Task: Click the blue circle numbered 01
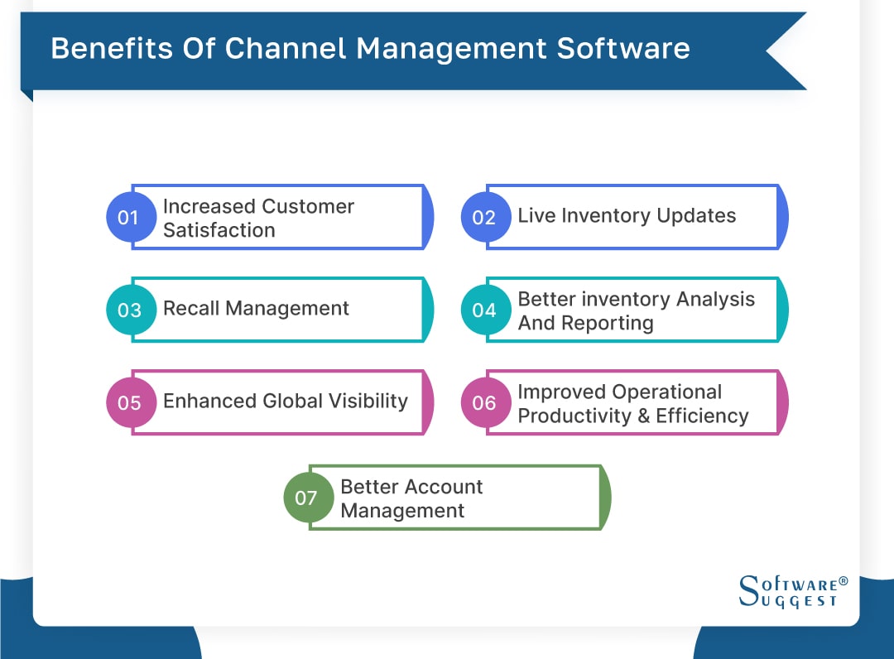[128, 218]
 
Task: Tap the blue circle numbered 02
[483, 218]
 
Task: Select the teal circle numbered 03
[129, 310]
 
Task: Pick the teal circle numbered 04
[483, 310]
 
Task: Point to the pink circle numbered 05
[129, 403]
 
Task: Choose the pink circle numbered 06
[483, 403]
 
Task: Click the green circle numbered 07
[306, 498]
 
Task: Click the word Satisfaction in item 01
[219, 230]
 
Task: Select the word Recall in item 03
[191, 309]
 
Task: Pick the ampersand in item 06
[642, 416]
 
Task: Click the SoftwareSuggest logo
[791, 591]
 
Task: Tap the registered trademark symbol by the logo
[843, 581]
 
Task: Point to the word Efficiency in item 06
[702, 416]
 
